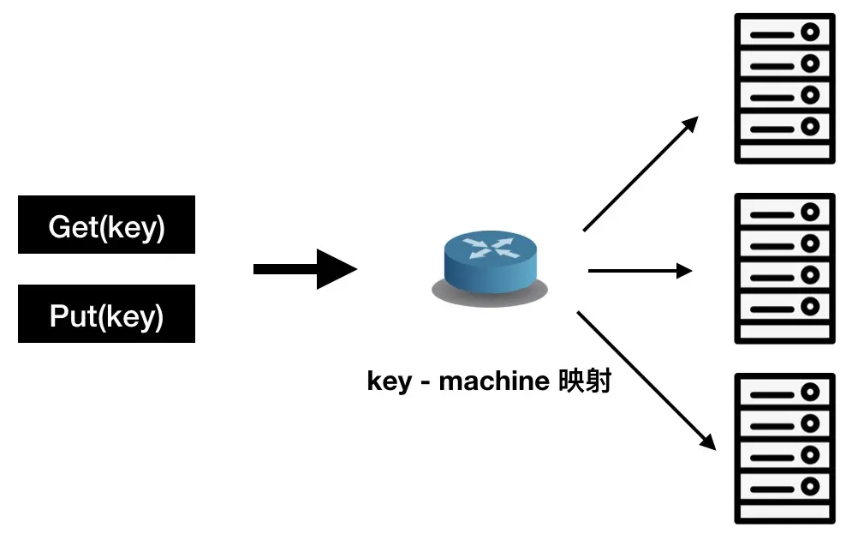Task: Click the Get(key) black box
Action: (106, 225)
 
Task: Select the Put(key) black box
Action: (106, 314)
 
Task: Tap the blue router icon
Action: (489, 260)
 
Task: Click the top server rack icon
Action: (784, 88)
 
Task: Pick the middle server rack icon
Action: (784, 268)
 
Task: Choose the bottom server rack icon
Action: (784, 448)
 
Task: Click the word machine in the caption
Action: (492, 381)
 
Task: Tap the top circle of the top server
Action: (809, 33)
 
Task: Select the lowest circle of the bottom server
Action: (809, 486)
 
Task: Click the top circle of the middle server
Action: (809, 213)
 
